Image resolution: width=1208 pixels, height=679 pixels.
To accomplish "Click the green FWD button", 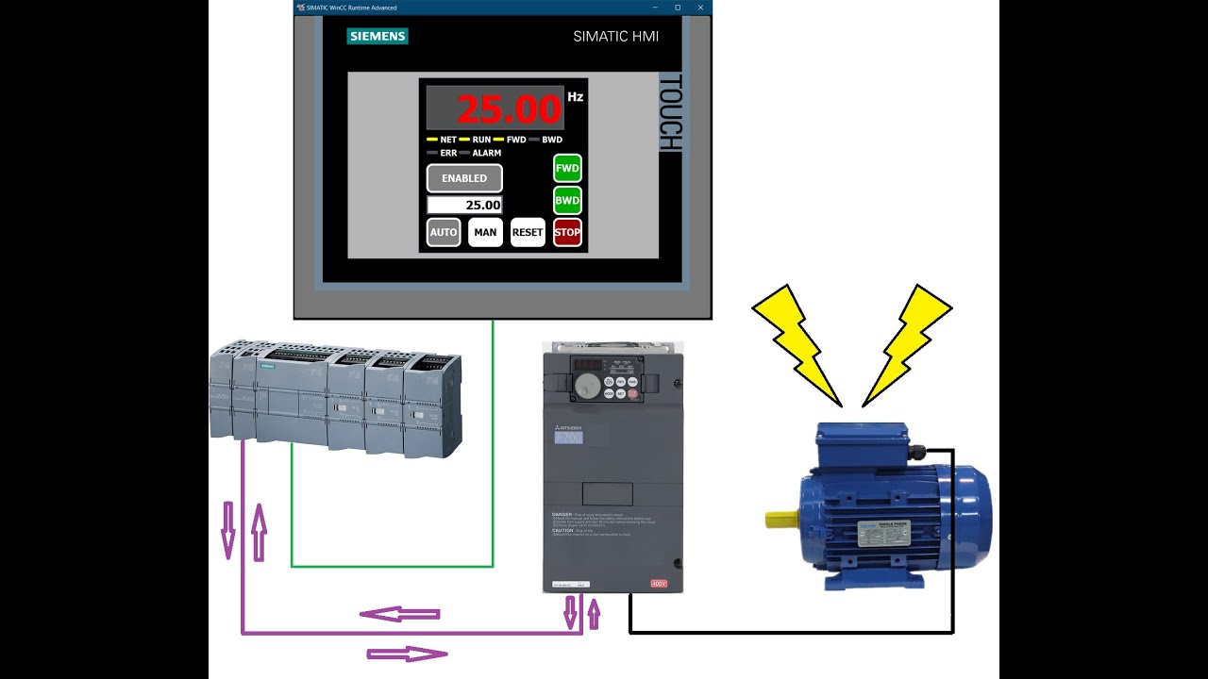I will [567, 168].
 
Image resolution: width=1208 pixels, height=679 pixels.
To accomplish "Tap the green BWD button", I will [567, 201].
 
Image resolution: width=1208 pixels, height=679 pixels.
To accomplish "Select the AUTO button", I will [444, 232].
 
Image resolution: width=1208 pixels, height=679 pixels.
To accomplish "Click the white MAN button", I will [485, 232].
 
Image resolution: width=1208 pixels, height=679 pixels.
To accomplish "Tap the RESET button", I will [528, 232].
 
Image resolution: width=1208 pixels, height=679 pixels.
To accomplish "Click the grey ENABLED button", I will [464, 178].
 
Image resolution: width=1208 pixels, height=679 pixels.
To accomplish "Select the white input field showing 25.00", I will [464, 205].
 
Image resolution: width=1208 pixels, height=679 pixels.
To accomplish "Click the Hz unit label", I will [576, 97].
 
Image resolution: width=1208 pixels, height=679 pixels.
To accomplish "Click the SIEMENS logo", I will [377, 37].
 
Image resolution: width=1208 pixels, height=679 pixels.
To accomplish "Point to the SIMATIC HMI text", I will [615, 37].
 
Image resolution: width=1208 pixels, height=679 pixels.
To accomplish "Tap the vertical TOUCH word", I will [669, 113].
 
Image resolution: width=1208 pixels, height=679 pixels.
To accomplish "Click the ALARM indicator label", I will [486, 153].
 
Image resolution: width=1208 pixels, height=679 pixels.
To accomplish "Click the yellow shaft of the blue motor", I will [781, 519].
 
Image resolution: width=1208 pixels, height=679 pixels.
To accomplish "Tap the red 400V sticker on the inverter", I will [659, 584].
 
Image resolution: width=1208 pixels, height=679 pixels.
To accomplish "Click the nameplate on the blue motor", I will [882, 533].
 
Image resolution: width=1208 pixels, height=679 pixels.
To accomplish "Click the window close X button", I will [700, 8].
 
